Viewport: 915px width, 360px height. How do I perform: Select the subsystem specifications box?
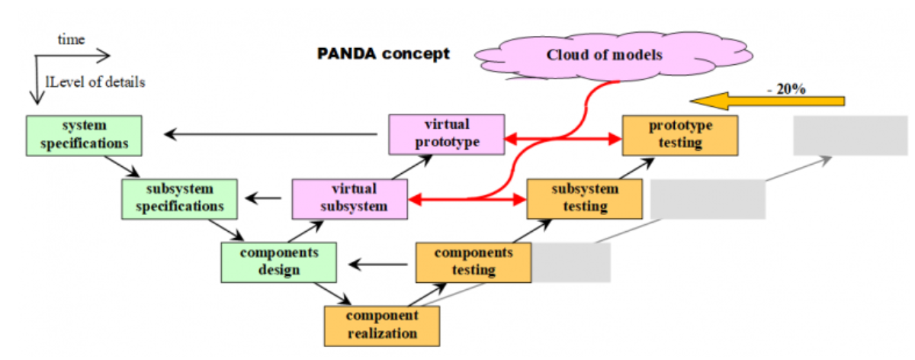[x=179, y=198]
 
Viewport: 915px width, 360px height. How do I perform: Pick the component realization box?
[x=382, y=325]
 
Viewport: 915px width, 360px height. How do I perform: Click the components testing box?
[x=473, y=262]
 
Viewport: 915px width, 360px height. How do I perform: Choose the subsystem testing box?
[x=585, y=198]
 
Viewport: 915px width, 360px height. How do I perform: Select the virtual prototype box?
[x=446, y=133]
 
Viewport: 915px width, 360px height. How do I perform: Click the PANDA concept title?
[x=383, y=54]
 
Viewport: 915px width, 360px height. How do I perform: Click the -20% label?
[x=785, y=88]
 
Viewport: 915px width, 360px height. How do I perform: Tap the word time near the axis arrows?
[x=71, y=40]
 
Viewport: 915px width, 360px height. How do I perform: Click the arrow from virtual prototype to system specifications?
[x=271, y=135]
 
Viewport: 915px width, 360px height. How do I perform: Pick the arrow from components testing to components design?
[x=379, y=265]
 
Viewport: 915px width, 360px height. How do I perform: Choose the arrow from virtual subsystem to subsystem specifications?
[x=263, y=200]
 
